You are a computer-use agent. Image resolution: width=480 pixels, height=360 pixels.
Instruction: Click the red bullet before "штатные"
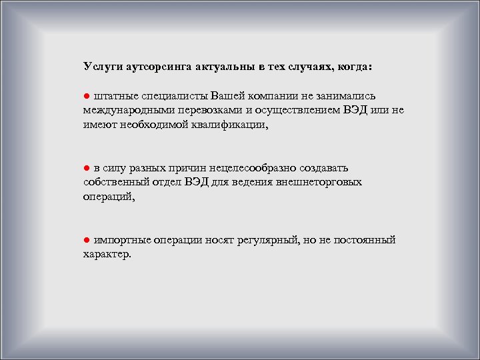click(x=87, y=94)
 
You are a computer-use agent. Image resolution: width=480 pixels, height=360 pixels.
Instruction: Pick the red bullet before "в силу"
click(x=87, y=167)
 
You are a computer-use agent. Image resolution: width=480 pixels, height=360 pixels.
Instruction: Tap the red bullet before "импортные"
click(x=87, y=240)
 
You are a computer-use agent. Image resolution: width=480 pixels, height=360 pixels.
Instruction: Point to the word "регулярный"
click(x=267, y=240)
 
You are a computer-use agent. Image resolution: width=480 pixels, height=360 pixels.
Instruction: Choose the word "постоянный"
click(x=365, y=240)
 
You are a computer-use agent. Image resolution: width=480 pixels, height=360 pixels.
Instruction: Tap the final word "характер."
click(x=107, y=255)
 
